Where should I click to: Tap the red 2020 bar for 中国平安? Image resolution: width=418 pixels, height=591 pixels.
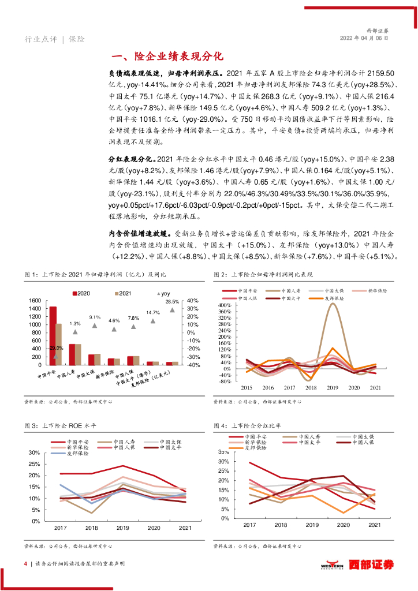(x=53, y=335)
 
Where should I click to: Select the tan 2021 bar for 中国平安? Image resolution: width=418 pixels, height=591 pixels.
(x=58, y=344)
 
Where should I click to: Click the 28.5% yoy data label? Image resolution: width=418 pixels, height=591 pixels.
(x=172, y=302)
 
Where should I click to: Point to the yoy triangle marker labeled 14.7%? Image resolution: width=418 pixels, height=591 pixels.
(x=153, y=320)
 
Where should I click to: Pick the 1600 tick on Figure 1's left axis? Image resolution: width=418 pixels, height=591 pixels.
(x=34, y=301)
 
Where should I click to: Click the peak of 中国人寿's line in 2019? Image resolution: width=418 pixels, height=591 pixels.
(x=333, y=304)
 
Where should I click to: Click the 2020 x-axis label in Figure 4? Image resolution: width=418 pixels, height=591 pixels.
(x=343, y=525)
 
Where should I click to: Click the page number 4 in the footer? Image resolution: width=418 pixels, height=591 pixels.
(x=25, y=564)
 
